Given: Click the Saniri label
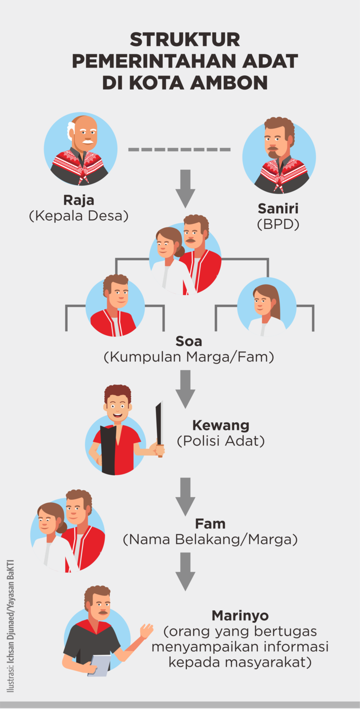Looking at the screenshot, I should point(278,208).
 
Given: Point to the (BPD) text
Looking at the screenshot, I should point(278,224).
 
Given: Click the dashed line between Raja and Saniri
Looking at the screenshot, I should point(179,149).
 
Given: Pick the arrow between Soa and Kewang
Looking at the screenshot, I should point(185,388).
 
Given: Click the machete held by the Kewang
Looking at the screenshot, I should point(159,428).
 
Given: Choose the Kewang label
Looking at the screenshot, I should point(221,425).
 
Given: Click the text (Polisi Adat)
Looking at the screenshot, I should point(221,441).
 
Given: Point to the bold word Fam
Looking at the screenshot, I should point(210,523).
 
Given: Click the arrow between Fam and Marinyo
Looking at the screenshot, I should point(185,571).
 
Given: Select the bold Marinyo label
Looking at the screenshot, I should point(240,616).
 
